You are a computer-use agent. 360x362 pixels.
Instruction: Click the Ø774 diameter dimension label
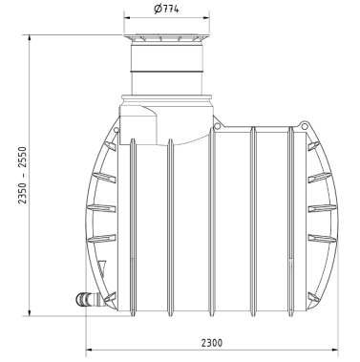tap(166, 9)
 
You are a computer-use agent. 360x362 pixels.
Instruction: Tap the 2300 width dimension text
tap(212, 343)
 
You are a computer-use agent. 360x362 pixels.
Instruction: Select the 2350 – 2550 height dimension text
tap(22, 175)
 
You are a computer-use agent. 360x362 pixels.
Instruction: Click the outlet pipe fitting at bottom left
tap(87, 300)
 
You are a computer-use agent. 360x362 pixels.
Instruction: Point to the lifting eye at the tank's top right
tap(305, 125)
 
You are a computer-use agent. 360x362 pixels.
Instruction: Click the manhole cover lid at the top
tap(167, 38)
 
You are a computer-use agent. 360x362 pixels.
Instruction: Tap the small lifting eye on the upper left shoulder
tap(116, 130)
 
